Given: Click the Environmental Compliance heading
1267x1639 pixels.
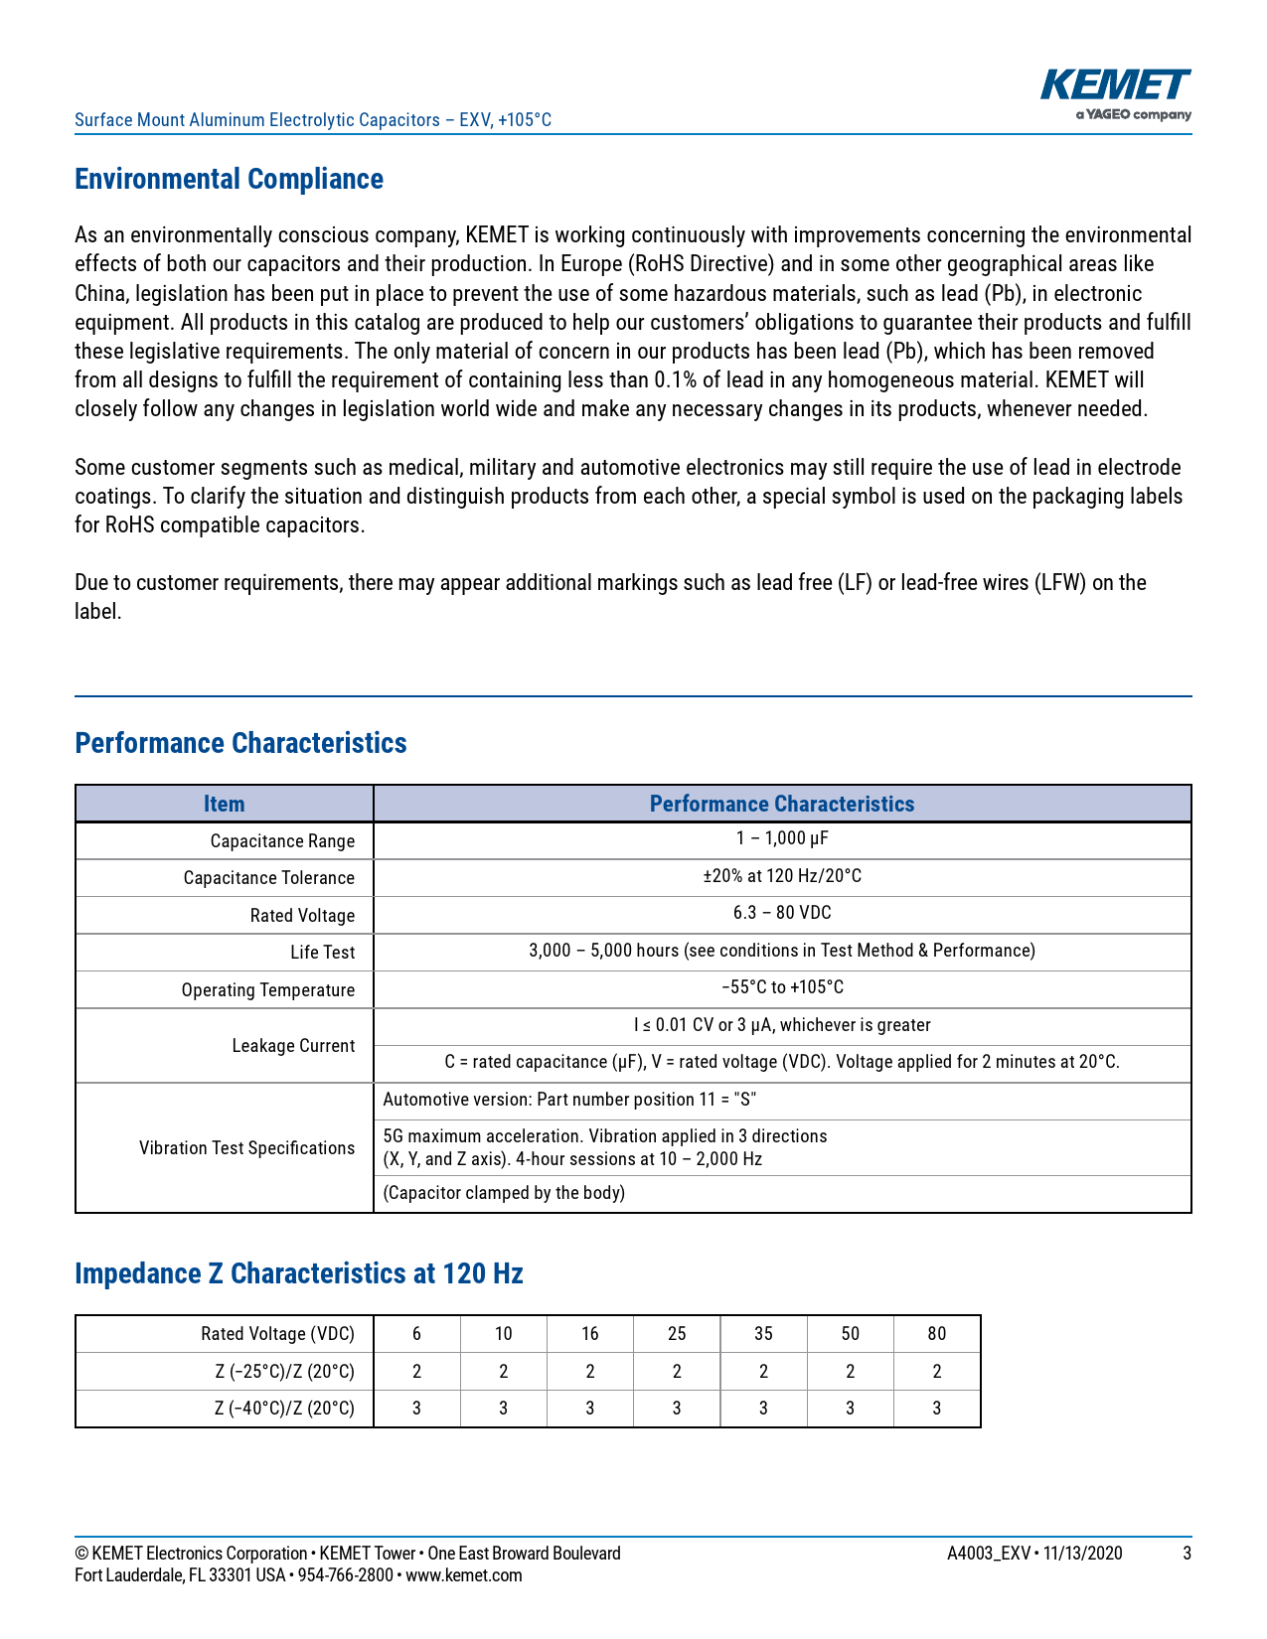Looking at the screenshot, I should coord(229,179).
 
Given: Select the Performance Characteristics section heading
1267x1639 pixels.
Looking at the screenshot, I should coord(240,743).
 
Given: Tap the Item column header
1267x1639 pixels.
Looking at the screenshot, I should coord(224,804).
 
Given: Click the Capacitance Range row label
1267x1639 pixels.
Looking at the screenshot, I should coord(282,841).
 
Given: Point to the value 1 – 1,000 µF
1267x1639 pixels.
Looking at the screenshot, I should coord(781,838).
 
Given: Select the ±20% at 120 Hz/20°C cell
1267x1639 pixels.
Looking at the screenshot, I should coord(781,876).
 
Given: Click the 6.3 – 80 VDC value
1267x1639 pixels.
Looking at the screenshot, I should coord(781,913).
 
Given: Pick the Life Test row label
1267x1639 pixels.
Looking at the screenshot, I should coord(322,953).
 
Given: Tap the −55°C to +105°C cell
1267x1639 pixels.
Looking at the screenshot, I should coord(781,987).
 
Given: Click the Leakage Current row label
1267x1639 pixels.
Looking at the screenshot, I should coord(293,1046).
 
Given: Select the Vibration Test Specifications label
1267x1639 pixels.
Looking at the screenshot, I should coord(246,1148).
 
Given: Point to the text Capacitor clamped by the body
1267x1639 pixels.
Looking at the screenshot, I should coord(504,1193).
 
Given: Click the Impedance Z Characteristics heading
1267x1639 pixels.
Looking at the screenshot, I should coord(298,1273).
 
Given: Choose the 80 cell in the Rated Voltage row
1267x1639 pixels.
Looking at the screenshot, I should coord(936,1334).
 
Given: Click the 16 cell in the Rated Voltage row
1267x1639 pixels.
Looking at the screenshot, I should coord(589,1334).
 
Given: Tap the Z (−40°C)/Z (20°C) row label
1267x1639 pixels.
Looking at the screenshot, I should coord(284,1409).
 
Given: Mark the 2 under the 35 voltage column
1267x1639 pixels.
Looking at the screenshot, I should coord(763,1372).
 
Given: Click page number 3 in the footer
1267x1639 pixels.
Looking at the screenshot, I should coord(1187,1554).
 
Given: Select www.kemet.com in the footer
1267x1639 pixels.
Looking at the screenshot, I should coord(463,1575).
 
